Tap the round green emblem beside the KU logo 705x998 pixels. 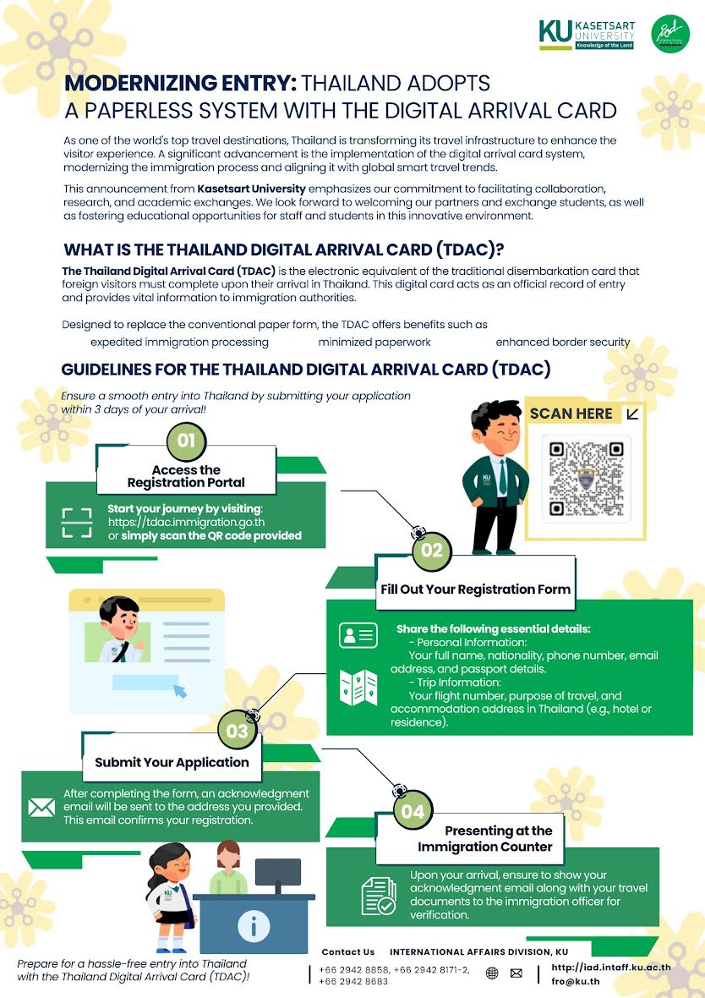(x=670, y=35)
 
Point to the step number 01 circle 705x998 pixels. (x=186, y=440)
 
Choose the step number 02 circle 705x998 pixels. (x=431, y=551)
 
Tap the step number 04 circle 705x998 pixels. (x=413, y=812)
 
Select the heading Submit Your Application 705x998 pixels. (x=172, y=762)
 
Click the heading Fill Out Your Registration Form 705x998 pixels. (x=475, y=589)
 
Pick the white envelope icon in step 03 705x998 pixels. (x=41, y=807)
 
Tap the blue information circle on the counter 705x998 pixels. (x=254, y=927)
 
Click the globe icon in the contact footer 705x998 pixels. (x=492, y=973)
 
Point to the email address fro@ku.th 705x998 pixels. (x=576, y=981)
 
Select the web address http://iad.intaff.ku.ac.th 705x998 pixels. (x=610, y=967)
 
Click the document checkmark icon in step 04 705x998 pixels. (x=378, y=896)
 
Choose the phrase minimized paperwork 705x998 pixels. (x=374, y=342)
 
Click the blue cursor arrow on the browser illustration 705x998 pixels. (x=180, y=691)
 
